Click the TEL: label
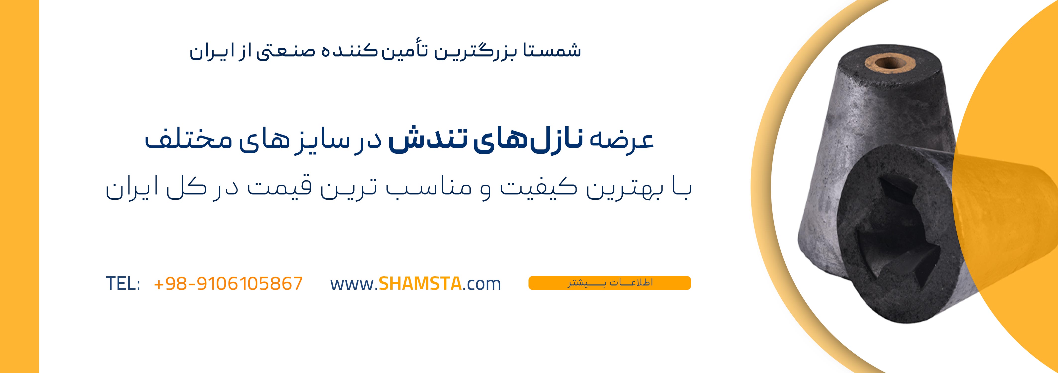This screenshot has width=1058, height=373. (123, 283)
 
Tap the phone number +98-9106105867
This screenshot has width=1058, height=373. (228, 283)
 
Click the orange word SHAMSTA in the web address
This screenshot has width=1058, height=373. (420, 283)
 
